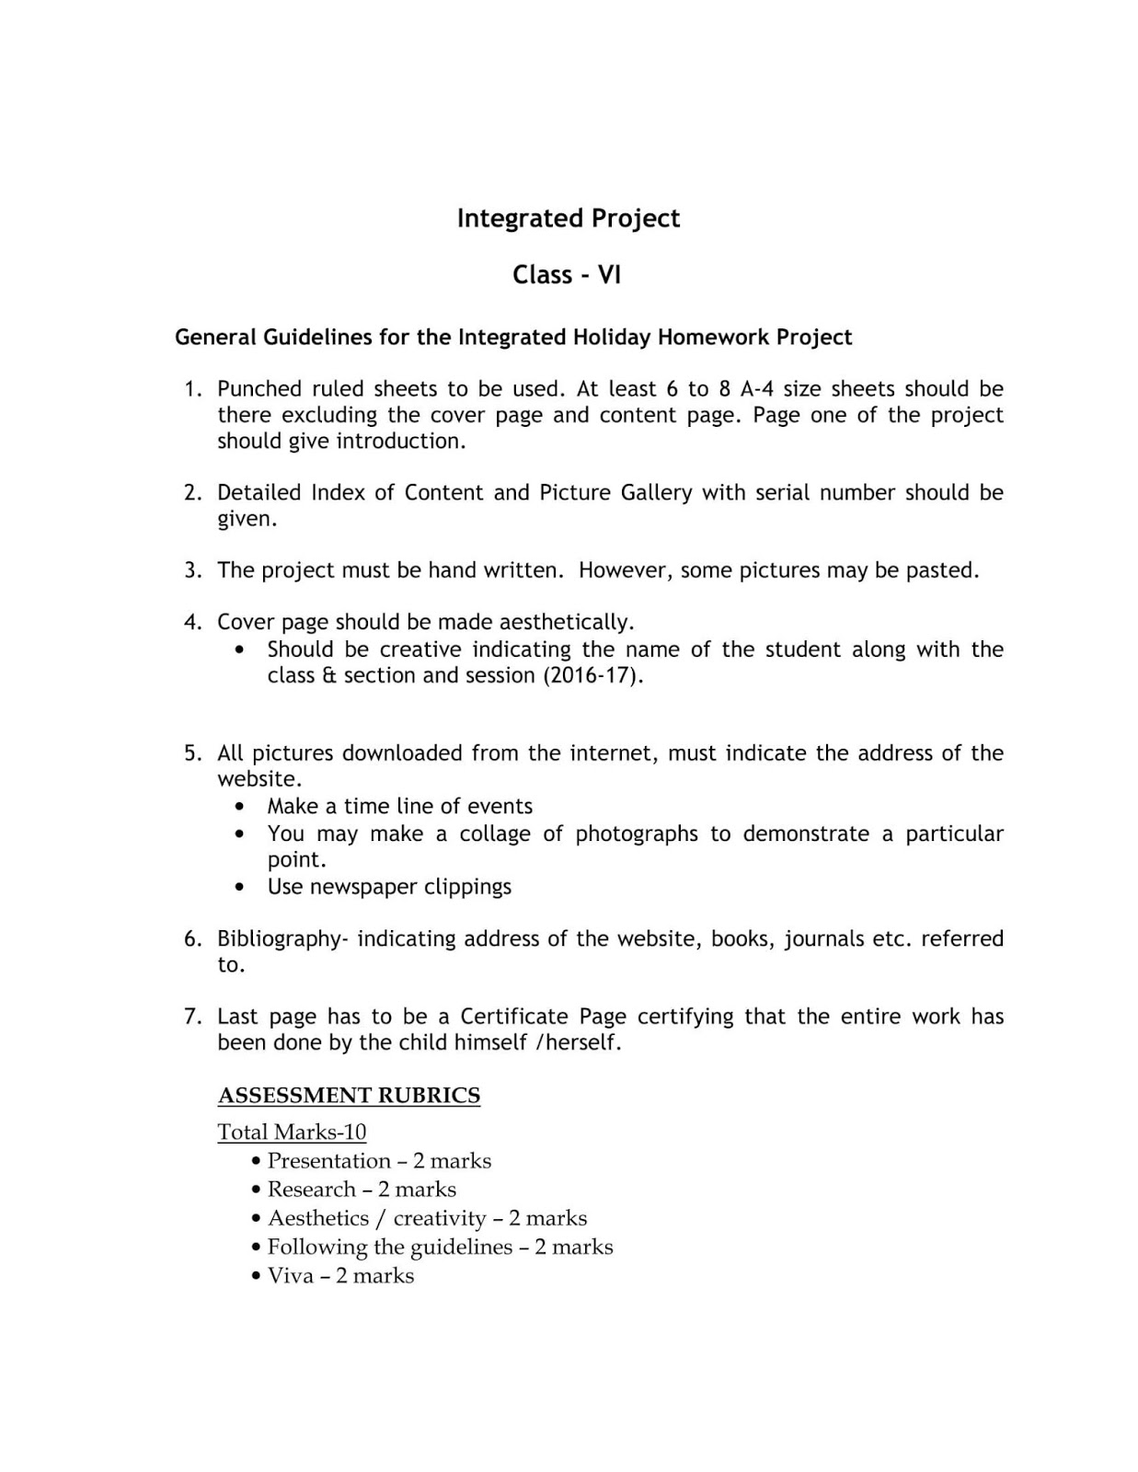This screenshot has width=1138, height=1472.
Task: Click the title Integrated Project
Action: pyautogui.click(x=569, y=219)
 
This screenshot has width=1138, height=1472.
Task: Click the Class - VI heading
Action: pyautogui.click(x=567, y=275)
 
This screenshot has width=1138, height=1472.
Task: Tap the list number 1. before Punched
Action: pyautogui.click(x=192, y=389)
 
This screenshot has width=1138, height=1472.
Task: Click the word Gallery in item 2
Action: pyautogui.click(x=656, y=493)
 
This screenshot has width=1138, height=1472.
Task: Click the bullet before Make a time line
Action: pyautogui.click(x=240, y=807)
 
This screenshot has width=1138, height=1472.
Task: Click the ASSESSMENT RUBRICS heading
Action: pyautogui.click(x=349, y=1096)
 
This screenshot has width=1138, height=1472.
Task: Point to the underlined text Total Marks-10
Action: pyautogui.click(x=292, y=1133)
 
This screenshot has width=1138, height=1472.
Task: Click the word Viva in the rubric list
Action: pyautogui.click(x=290, y=1276)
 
